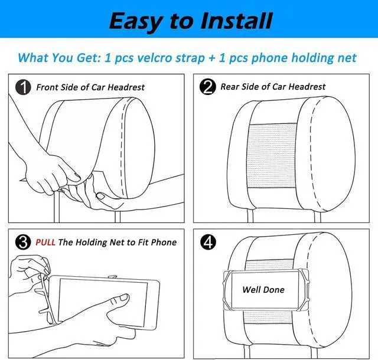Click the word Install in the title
coord(236,21)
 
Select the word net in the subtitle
coord(348,58)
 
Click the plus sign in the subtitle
coord(212,58)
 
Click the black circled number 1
coord(23,87)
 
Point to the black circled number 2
coord(207,87)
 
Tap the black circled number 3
coord(23,242)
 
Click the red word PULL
coord(45,242)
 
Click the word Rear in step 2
coord(230,87)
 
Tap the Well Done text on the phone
coord(263,289)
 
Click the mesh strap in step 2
coord(272,156)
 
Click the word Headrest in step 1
coord(126,87)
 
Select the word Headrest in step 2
coord(307,87)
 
